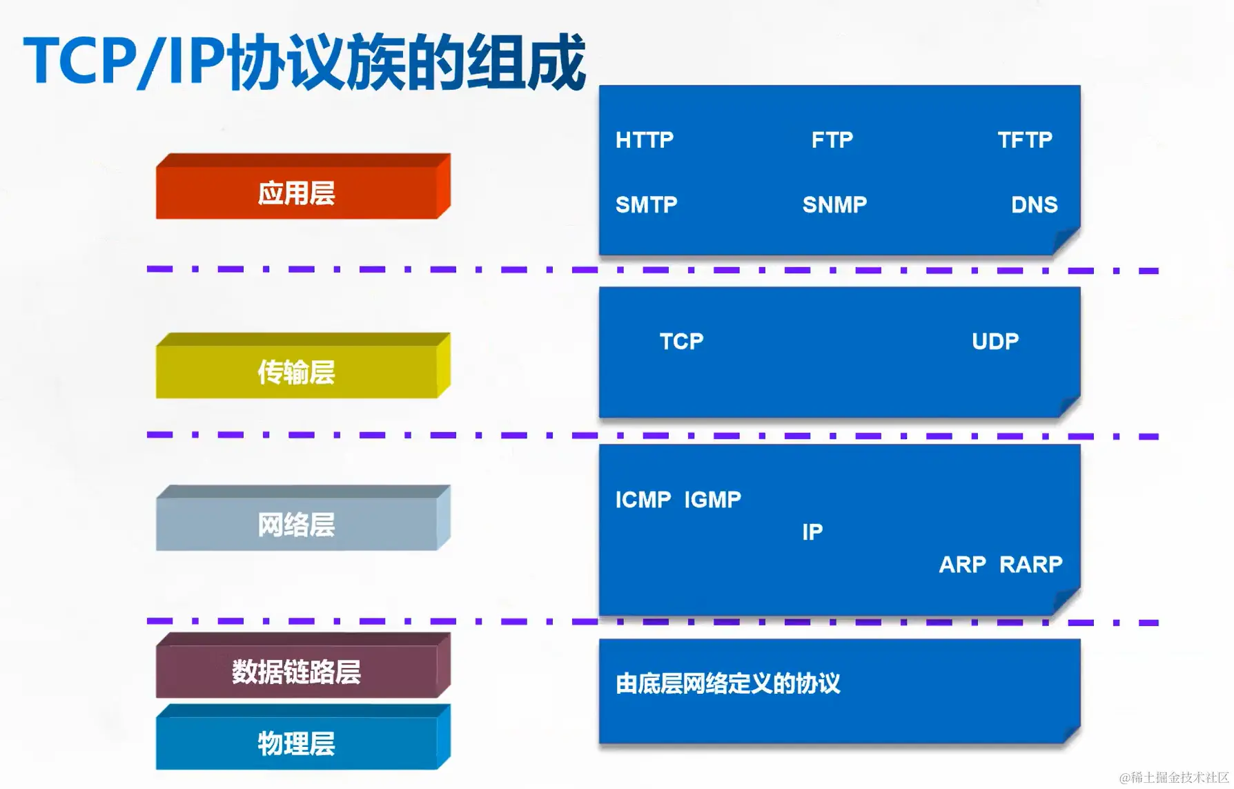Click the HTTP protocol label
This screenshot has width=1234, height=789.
[644, 140]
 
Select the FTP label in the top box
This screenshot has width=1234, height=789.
[832, 140]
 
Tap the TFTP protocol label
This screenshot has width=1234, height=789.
[1025, 140]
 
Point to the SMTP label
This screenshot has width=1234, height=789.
[646, 205]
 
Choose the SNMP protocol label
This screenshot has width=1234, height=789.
[834, 205]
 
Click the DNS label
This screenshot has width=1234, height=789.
[1034, 205]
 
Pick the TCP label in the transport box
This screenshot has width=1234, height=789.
[681, 342]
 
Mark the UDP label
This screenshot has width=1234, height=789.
[995, 342]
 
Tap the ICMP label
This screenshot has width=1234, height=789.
[643, 500]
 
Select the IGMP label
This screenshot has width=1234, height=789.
[712, 500]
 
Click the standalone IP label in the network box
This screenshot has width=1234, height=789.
[812, 532]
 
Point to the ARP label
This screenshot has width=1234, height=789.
[962, 565]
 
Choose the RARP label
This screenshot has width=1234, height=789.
[1030, 565]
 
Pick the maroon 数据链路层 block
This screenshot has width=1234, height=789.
[296, 672]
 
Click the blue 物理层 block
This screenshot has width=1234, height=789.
[296, 743]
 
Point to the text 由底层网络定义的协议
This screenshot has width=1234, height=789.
[727, 684]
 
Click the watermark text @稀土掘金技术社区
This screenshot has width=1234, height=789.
[1173, 778]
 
